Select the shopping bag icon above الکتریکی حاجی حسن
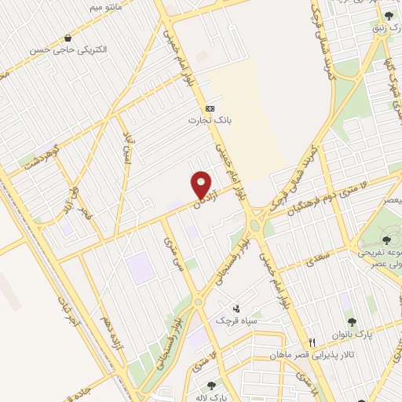tap(70, 37)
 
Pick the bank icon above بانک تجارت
tap(210, 108)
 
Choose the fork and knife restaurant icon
tap(312, 342)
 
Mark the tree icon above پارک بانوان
tap(350, 321)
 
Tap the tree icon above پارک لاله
tap(210, 386)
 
